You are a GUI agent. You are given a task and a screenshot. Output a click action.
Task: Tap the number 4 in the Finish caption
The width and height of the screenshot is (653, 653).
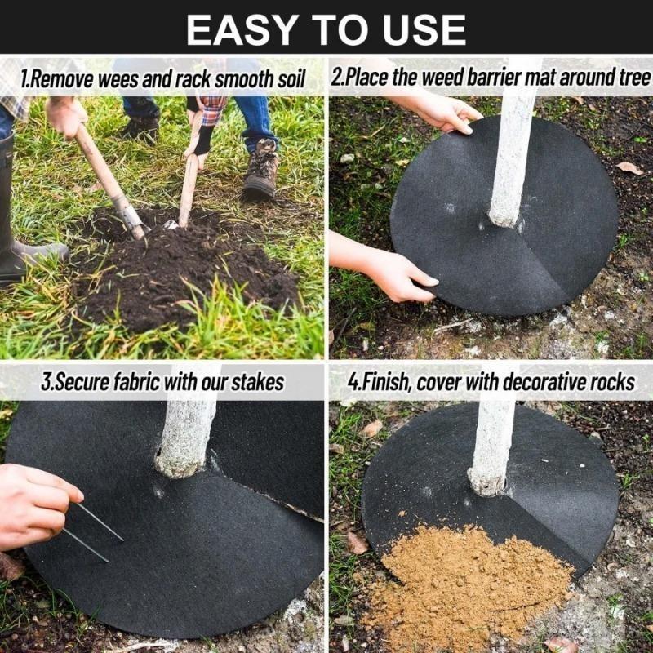coord(352,381)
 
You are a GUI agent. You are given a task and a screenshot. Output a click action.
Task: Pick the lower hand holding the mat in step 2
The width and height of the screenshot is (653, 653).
coord(392,273)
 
